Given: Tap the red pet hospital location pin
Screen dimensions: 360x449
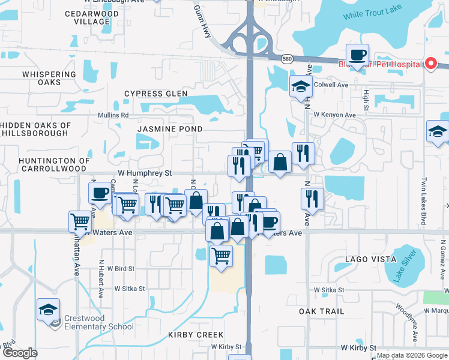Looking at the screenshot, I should tap(430, 64).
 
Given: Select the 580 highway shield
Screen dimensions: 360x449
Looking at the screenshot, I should tap(288, 58).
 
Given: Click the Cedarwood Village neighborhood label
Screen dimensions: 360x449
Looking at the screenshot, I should tap(83, 17).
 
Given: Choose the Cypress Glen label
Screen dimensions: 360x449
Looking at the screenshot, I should tap(156, 94).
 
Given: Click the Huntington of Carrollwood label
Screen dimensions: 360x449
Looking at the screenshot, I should tap(54, 164).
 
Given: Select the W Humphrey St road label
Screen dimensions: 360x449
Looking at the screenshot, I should tap(145, 173).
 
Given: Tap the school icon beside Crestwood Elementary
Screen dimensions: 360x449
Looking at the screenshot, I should tap(48, 310).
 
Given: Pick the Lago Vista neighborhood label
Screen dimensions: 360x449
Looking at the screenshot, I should tap(370, 259).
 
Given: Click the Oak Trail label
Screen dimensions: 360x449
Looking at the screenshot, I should tap(322, 311).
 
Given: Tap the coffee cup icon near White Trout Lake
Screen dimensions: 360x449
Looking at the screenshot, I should tap(358, 55).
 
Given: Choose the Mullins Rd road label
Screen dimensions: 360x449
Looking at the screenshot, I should tap(113, 115).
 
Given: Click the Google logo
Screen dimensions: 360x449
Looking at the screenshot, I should tap(19, 353).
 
